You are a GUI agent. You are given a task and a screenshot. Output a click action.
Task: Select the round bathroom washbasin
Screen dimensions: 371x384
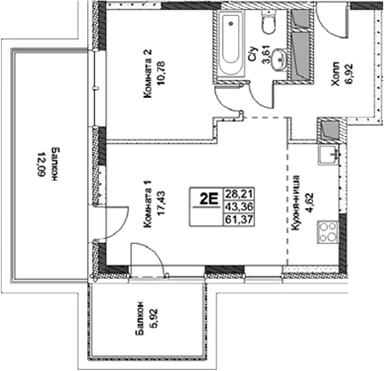pyautogui.click(x=280, y=60)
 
